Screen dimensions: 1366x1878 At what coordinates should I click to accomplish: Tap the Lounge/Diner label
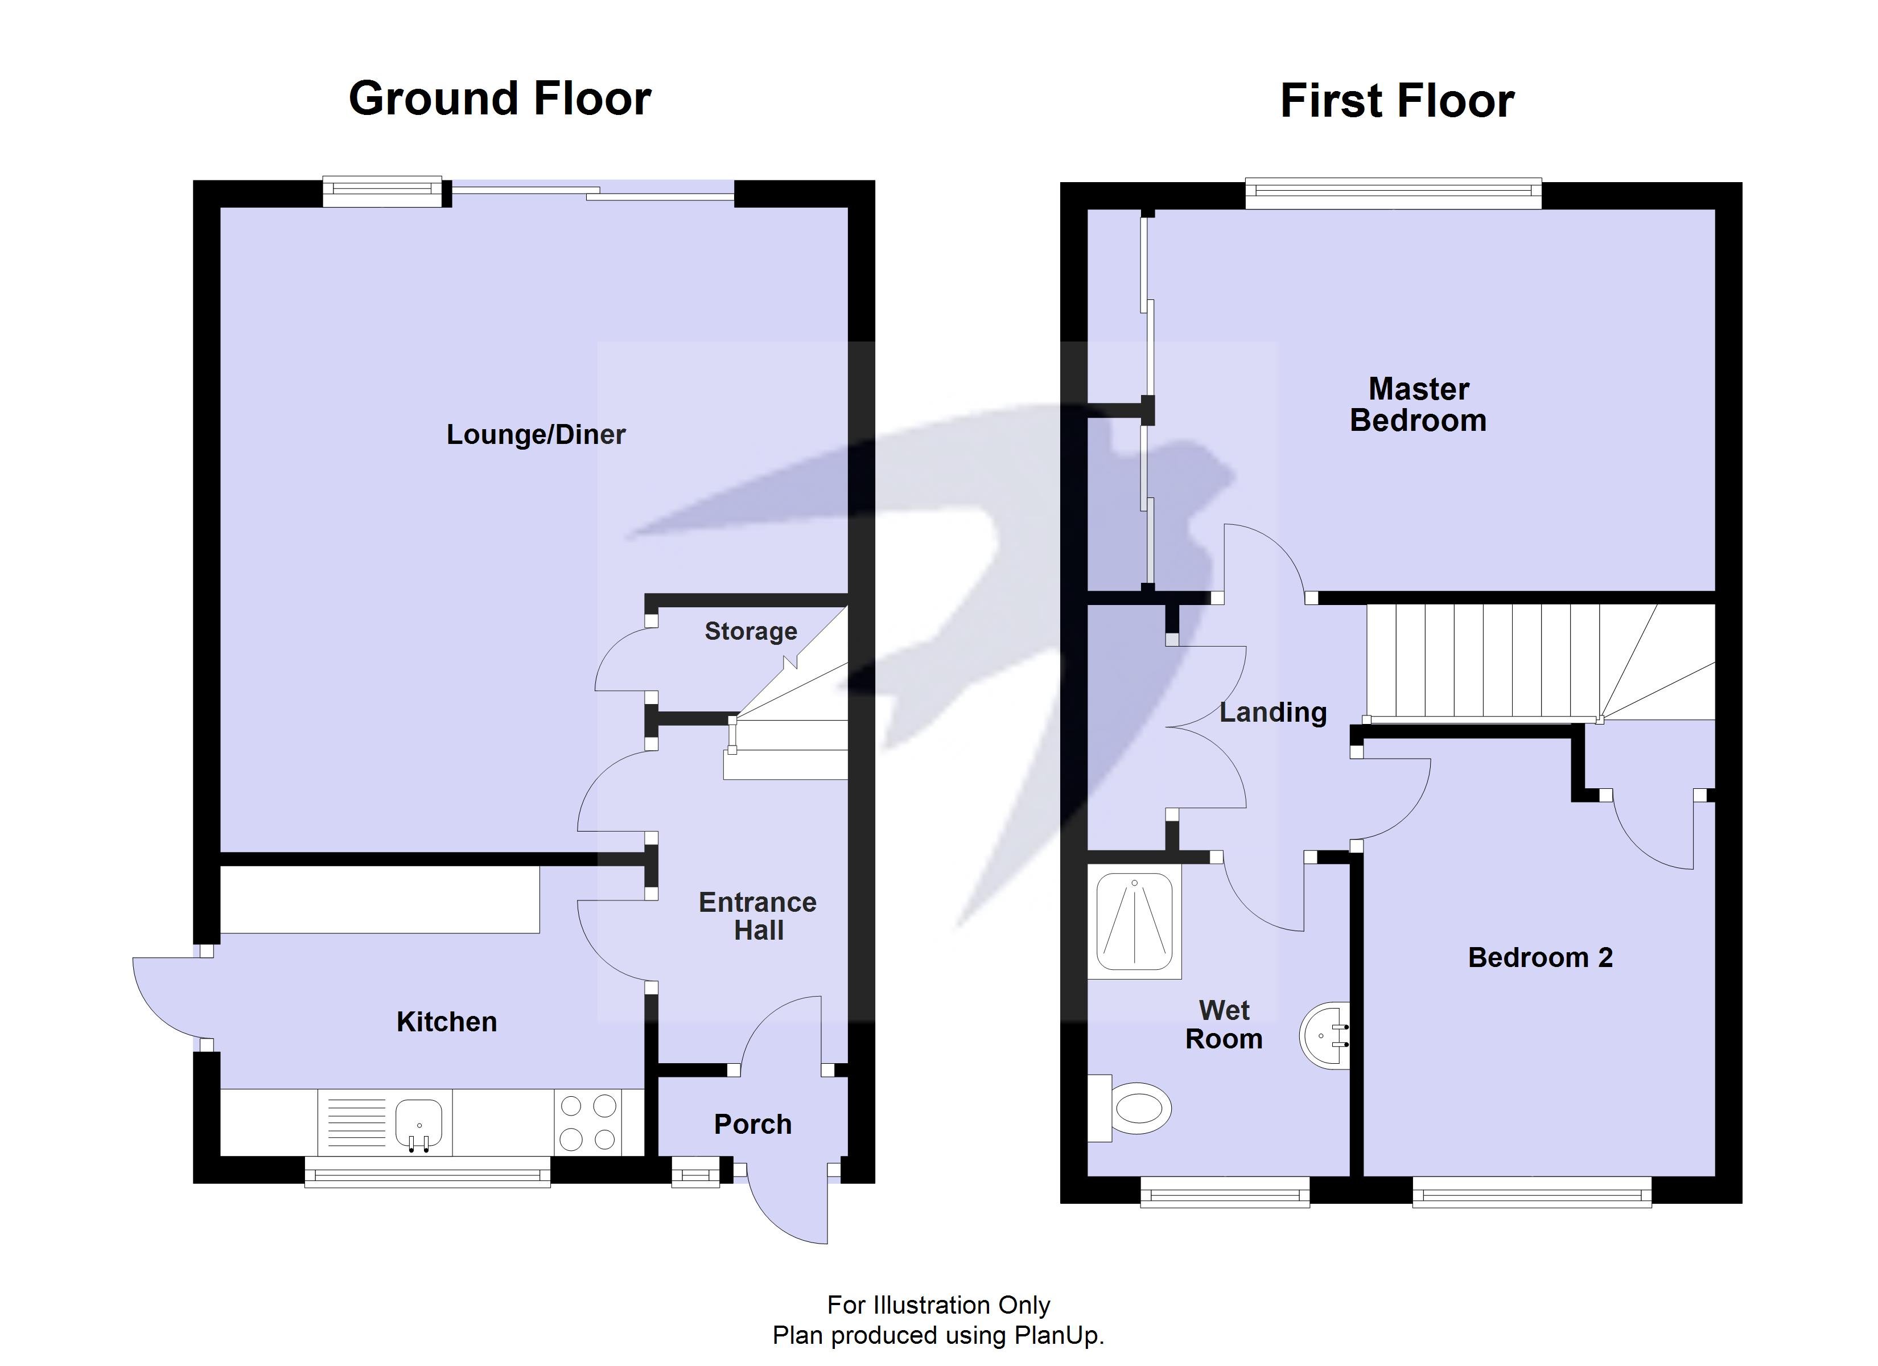tap(536, 434)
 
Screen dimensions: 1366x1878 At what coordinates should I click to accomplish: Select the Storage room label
tap(750, 631)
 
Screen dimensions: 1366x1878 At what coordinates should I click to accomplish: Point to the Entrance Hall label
tap(757, 916)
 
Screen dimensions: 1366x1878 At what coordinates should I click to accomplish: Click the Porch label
tap(753, 1124)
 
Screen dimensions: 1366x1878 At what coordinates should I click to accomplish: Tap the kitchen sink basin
tap(419, 1122)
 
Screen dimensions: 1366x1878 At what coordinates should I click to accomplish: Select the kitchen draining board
tap(357, 1122)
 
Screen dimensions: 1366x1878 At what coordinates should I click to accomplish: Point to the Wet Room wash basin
tap(1325, 1035)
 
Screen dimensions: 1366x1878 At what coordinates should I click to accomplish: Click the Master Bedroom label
tap(1418, 404)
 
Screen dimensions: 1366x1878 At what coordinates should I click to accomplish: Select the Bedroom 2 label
tap(1540, 957)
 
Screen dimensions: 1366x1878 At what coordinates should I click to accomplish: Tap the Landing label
tap(1272, 713)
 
